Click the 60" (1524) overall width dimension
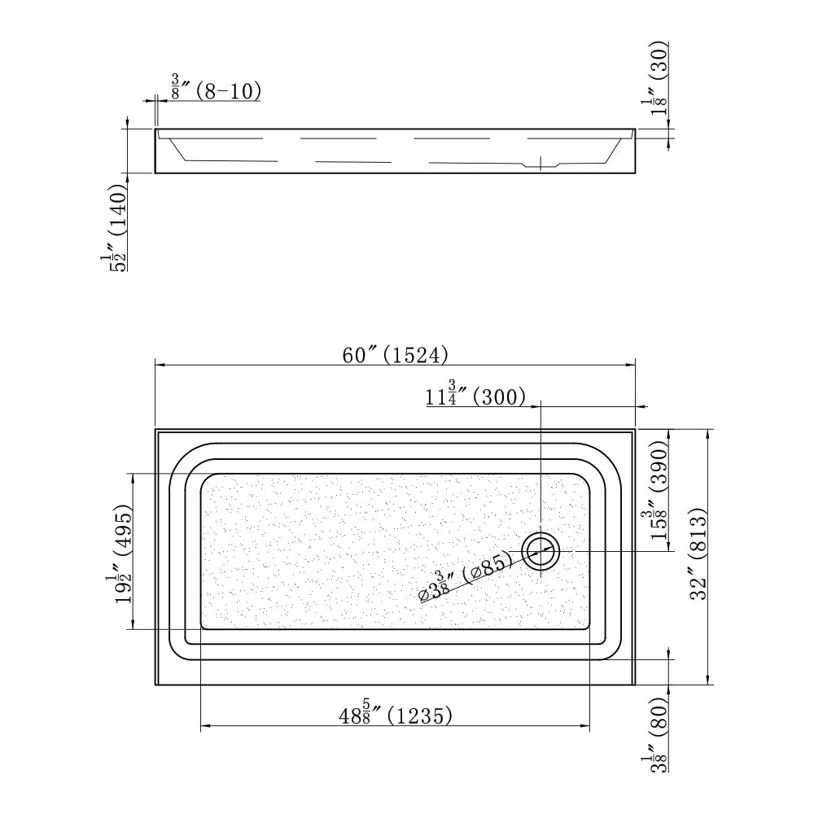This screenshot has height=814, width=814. (x=395, y=355)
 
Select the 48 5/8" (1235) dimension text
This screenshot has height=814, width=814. (x=396, y=715)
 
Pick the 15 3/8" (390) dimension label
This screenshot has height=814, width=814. (x=656, y=490)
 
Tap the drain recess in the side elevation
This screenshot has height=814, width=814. (x=540, y=165)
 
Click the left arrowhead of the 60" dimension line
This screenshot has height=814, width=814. (x=158, y=365)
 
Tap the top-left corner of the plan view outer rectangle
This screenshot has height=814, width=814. (x=155, y=429)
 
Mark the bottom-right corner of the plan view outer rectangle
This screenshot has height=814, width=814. (x=636, y=685)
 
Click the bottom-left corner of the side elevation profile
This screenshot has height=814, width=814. (x=155, y=173)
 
